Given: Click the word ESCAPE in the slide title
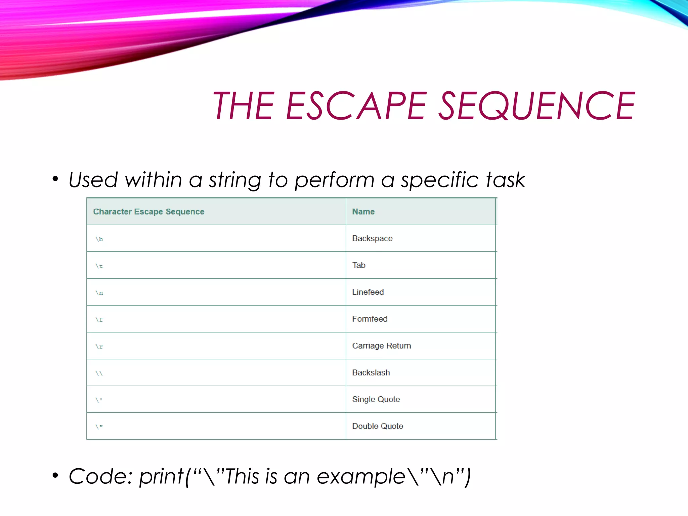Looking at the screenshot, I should pos(356,106).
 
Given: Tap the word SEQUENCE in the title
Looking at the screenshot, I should pos(537,106).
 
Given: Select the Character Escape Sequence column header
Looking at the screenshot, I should pos(148,212).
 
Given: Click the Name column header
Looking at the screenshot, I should pos(363,212).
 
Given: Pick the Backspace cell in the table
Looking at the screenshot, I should pos(372,239).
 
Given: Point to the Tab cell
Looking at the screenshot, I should pos(359,265).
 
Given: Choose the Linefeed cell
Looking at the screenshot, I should pos(368,292).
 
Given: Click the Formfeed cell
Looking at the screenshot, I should pos(370,319).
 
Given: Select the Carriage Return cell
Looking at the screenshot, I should pos(381,346).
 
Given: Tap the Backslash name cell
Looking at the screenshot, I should pos(371,373).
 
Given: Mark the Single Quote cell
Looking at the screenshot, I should pos(376,399).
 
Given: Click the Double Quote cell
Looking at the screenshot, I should pos(378,426).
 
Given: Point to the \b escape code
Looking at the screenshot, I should pos(99,239).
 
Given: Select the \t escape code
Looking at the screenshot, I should pos(99,266).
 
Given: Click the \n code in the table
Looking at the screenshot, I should pos(99,293).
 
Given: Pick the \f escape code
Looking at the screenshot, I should pos(99,320).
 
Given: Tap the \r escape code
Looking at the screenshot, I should pos(99,347).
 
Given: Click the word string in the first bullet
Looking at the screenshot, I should pos(235,180).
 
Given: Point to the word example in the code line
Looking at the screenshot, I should pos(361,477).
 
